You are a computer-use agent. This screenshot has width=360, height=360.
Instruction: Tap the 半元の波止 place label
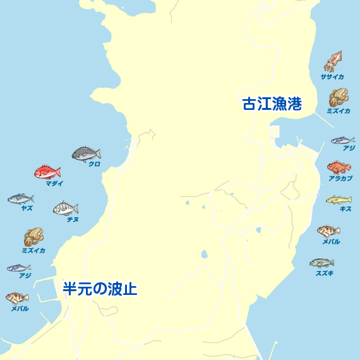(100, 289)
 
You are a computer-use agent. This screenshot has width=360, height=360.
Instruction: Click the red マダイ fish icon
(47, 172)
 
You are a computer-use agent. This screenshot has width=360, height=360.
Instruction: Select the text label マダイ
(54, 183)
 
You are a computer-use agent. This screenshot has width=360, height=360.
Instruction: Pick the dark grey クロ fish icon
(87, 153)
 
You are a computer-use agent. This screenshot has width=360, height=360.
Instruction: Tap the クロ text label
(94, 164)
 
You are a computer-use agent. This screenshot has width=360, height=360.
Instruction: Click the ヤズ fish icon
(20, 199)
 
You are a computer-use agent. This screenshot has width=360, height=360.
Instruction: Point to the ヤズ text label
(27, 208)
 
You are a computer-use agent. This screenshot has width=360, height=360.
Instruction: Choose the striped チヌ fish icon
(66, 208)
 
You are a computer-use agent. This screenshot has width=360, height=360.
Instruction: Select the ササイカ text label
(332, 77)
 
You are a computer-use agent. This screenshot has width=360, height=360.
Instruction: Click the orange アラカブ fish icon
(339, 167)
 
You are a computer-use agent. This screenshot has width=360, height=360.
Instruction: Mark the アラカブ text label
(340, 179)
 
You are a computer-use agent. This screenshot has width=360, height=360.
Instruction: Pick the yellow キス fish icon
(339, 200)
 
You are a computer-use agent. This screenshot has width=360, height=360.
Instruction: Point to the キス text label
(345, 209)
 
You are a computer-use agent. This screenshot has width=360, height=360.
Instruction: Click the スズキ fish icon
(321, 263)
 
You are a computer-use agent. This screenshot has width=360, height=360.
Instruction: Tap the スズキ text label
(325, 273)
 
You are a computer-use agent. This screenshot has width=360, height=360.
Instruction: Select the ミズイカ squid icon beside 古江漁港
(338, 97)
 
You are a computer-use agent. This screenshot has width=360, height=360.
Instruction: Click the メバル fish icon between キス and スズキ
(328, 231)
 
